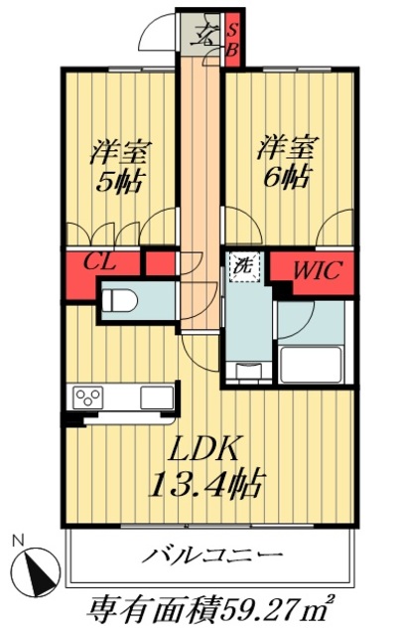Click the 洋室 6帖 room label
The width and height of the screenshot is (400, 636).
coord(285,162)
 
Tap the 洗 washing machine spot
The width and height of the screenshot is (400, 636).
coord(241,265)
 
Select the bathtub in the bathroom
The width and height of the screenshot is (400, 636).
coord(311,365)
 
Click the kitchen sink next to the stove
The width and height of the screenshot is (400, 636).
coord(154,397)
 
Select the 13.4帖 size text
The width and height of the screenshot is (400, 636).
coord(209,485)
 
